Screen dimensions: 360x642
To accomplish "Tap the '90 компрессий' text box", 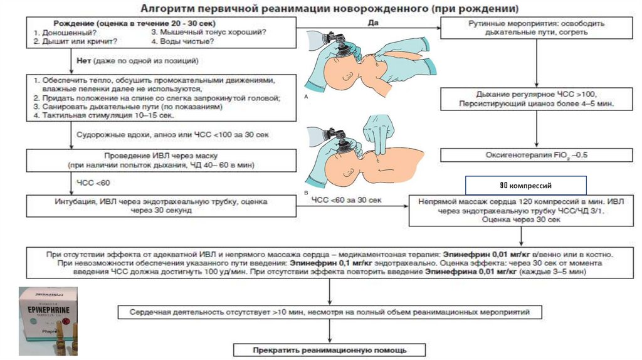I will coord(525,186).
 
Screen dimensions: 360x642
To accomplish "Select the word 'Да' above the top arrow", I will coord(370,22).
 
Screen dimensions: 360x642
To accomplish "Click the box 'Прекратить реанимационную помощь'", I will coord(330,349).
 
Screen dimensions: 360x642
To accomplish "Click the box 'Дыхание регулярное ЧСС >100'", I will coord(535,98).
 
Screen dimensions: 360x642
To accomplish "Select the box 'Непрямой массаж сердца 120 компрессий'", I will coord(520,210).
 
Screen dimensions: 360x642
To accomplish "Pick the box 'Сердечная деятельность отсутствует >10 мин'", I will coord(330,312).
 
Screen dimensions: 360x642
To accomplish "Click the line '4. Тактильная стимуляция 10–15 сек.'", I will coord(104,115).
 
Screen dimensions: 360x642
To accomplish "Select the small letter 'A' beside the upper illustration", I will coord(306,98).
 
